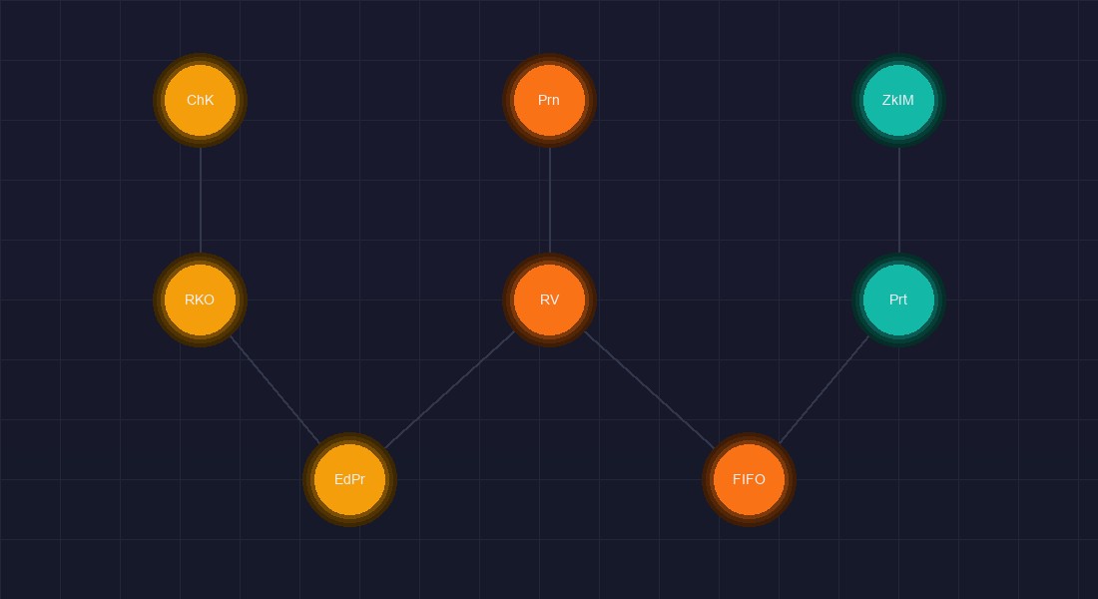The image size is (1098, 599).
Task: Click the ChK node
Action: click(201, 100)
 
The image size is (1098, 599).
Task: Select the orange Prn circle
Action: click(550, 100)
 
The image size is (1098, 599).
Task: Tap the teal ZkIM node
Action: click(898, 100)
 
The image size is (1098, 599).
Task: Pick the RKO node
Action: click(201, 299)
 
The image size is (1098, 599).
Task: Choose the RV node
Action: click(550, 299)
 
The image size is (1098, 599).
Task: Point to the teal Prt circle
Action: click(898, 299)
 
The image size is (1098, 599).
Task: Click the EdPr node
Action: click(350, 480)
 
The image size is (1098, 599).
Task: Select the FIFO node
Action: click(749, 480)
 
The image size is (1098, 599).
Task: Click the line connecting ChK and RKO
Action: click(201, 201)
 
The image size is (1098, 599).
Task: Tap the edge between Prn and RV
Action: click(550, 201)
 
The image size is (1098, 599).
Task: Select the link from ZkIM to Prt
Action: click(898, 201)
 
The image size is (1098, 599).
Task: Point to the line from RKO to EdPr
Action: click(275, 389)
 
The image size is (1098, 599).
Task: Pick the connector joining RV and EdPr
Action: click(449, 389)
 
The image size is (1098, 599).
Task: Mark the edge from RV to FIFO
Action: click(649, 389)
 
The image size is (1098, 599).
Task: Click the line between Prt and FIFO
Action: click(823, 389)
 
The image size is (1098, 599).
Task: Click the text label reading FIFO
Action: click(749, 480)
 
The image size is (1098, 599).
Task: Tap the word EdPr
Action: click(350, 480)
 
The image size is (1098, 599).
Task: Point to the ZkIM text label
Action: click(898, 100)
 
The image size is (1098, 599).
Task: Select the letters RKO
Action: click(200, 299)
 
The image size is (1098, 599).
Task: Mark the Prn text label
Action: click(549, 100)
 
